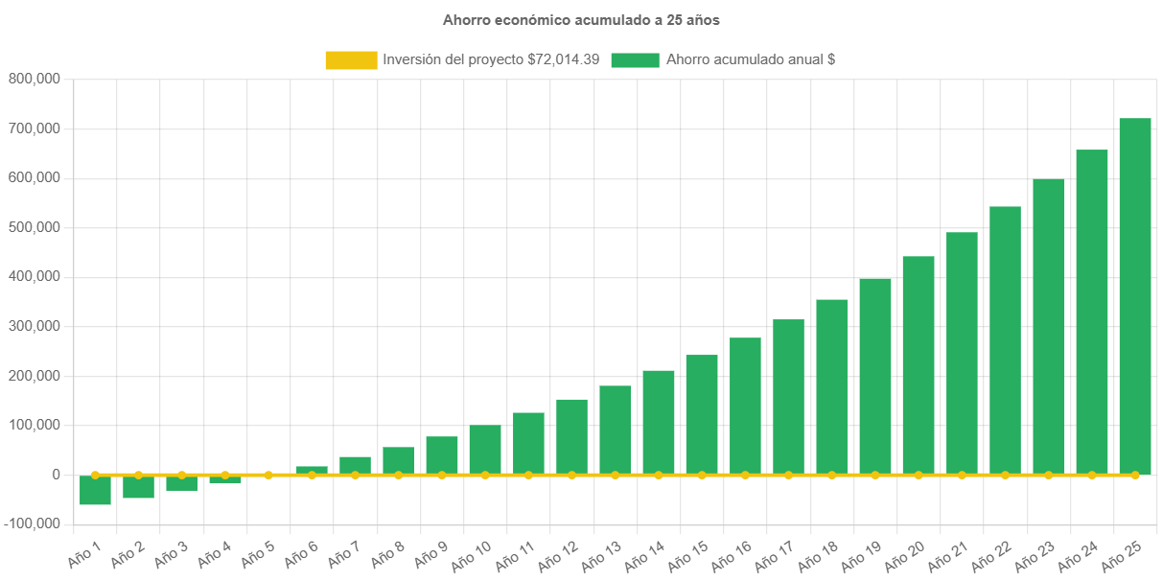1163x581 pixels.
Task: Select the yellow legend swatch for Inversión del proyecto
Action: coord(351,60)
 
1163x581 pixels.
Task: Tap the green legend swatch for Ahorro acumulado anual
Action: coord(635,60)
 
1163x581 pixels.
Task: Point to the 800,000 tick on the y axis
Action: coord(35,79)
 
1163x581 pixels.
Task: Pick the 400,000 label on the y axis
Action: coord(35,276)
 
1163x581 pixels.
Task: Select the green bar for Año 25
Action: coord(1135,296)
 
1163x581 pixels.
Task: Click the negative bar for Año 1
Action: coord(95,490)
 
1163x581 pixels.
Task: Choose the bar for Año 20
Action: coord(919,365)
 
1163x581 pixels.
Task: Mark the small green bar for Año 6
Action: coord(312,470)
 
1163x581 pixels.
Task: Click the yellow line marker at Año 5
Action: coord(268,475)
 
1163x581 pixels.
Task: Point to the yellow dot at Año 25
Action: coord(1135,475)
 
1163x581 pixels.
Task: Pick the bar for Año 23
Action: coord(1048,326)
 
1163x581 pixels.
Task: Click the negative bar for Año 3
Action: coord(181,483)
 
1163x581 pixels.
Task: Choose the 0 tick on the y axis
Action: coord(57,475)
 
